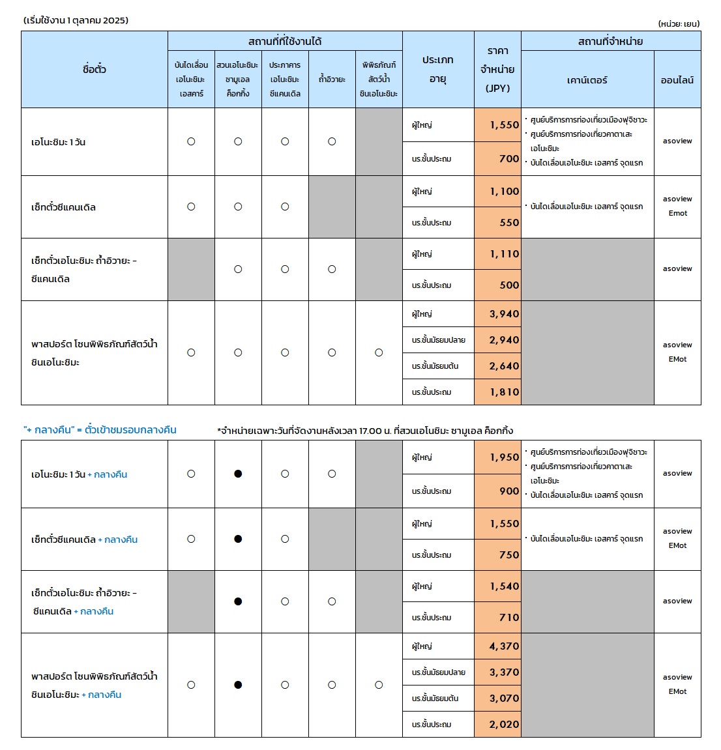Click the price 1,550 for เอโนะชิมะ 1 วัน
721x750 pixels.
coord(505,125)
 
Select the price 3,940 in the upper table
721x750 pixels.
coord(505,314)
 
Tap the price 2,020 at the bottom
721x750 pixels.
coord(505,725)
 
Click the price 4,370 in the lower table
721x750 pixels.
coord(505,646)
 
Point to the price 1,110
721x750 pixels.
coord(505,254)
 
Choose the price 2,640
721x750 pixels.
coord(505,366)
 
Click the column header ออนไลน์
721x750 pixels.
coord(677,80)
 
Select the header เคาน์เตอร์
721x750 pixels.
coord(587,80)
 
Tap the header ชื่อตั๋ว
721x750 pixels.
coord(95,69)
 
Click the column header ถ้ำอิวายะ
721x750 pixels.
coord(332,79)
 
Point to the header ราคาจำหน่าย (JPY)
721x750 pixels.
coord(497,69)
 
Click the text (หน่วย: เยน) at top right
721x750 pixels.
coord(679,23)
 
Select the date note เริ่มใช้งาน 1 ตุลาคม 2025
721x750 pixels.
coord(76,20)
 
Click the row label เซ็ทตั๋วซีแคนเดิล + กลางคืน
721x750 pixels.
coord(85,540)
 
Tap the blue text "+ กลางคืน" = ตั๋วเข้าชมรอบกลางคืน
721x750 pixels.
coord(100,430)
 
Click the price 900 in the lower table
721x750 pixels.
coord(509,491)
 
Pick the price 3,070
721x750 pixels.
coord(505,699)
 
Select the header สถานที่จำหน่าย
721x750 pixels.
coord(611,41)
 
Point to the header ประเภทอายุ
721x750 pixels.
coord(438,69)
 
